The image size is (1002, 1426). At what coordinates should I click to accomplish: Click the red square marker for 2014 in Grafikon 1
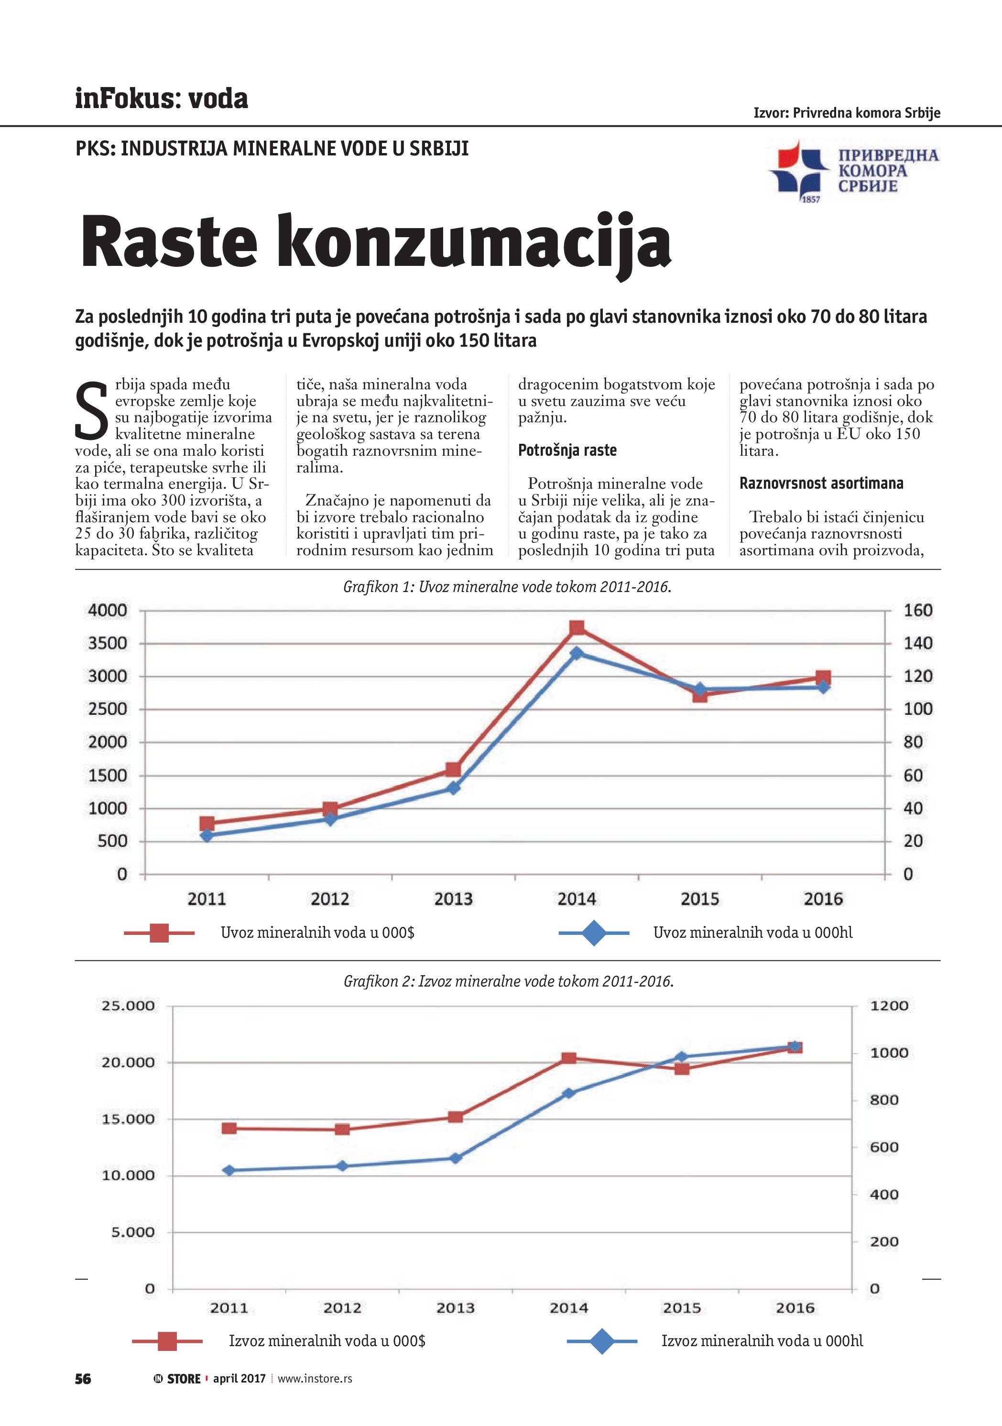pyautogui.click(x=577, y=628)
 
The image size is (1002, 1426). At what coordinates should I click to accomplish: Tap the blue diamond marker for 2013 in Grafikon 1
pyautogui.click(x=453, y=788)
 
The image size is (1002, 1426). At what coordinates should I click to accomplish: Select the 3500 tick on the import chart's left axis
pyautogui.click(x=108, y=644)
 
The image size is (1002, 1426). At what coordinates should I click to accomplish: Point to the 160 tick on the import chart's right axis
pyautogui.click(x=917, y=611)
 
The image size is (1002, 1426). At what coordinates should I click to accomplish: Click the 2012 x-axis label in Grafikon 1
pyautogui.click(x=330, y=899)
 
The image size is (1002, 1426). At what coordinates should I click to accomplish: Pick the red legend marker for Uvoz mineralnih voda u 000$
pyautogui.click(x=160, y=933)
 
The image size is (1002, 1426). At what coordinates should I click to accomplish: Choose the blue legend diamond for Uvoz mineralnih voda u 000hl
pyautogui.click(x=594, y=933)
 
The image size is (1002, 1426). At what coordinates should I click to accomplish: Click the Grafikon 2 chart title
pyautogui.click(x=509, y=981)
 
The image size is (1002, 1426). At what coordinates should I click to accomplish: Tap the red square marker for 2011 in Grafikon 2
pyautogui.click(x=229, y=1129)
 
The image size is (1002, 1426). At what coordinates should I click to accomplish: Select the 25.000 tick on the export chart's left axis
pyautogui.click(x=128, y=1006)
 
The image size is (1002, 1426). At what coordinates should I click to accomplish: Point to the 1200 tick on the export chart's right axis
pyautogui.click(x=889, y=1006)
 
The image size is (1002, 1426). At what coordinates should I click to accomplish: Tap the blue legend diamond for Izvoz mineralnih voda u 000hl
pyautogui.click(x=602, y=1341)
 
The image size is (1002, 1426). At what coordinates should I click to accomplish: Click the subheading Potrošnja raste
pyautogui.click(x=567, y=450)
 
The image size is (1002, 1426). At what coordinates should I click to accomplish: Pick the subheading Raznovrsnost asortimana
pyautogui.click(x=821, y=483)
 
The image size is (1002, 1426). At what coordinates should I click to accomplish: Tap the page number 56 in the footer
pyautogui.click(x=83, y=1379)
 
